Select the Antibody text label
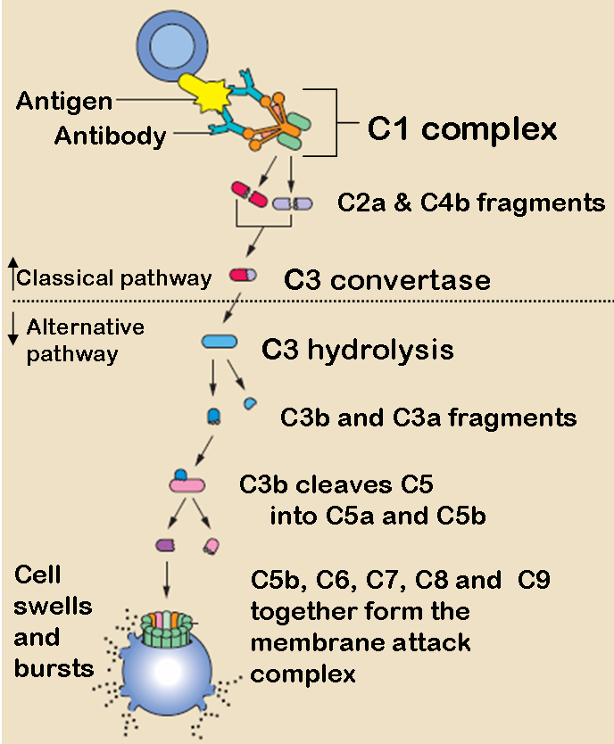point(110,136)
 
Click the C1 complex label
point(462,129)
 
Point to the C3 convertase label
point(387,279)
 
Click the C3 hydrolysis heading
point(357,349)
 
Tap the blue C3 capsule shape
point(219,341)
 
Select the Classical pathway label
point(114,277)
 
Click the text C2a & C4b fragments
point(471,203)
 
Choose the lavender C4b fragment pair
point(293,203)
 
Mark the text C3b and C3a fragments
point(428,417)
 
